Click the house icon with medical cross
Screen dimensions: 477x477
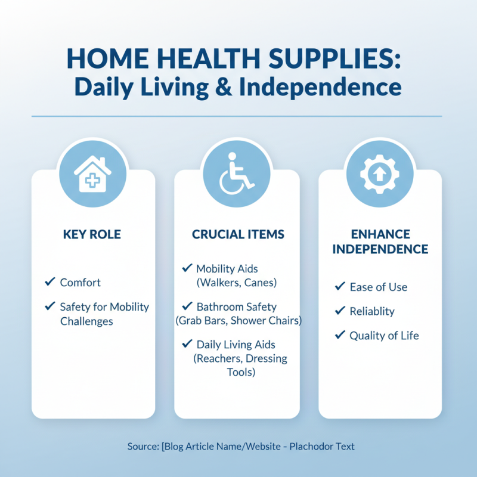92,174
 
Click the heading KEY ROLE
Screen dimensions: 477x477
92,234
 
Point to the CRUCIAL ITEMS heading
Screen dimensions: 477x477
237,234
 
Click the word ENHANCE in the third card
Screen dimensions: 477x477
380,233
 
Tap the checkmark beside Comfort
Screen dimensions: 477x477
50,281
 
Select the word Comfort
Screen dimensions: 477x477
80,283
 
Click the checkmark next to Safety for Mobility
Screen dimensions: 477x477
50,306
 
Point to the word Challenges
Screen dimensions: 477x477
86,321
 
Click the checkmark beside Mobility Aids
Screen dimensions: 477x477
187,268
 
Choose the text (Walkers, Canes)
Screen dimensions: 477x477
237,283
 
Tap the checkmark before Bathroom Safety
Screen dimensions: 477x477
187,306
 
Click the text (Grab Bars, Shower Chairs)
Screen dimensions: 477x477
238,321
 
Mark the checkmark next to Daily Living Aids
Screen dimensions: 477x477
187,344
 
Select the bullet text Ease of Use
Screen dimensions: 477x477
379,287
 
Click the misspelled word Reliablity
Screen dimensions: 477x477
372,311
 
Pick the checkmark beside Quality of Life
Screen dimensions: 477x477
340,335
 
